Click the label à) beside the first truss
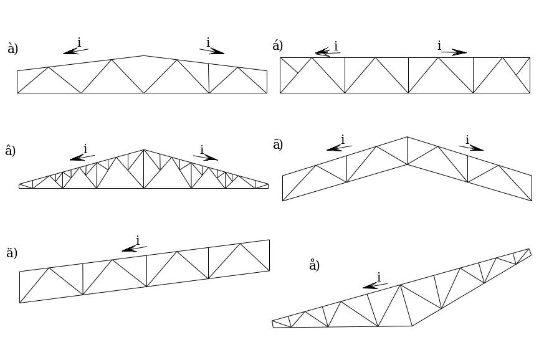pyautogui.click(x=12, y=49)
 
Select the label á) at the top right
pyautogui.click(x=277, y=45)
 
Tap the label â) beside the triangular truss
pyautogui.click(x=11, y=151)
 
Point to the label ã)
pyautogui.click(x=278, y=144)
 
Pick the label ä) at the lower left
pyautogui.click(x=12, y=253)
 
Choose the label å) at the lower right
pyautogui.click(x=314, y=265)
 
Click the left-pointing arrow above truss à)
pyautogui.click(x=75, y=51)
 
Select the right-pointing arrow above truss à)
pyautogui.click(x=212, y=51)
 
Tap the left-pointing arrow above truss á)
pyautogui.click(x=328, y=52)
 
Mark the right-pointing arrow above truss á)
pyautogui.click(x=454, y=52)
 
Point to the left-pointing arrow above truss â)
pyautogui.click(x=82, y=158)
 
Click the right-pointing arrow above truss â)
pyautogui.click(x=206, y=158)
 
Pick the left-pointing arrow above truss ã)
pyautogui.click(x=339, y=148)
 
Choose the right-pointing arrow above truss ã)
pyautogui.click(x=471, y=148)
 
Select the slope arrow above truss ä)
pyautogui.click(x=135, y=249)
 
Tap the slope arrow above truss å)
pyautogui.click(x=375, y=286)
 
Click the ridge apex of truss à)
pyautogui.click(x=144, y=55)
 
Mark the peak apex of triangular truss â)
pyautogui.click(x=144, y=149)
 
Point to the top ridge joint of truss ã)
pyautogui.click(x=407, y=137)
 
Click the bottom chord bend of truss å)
pyautogui.click(x=412, y=326)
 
